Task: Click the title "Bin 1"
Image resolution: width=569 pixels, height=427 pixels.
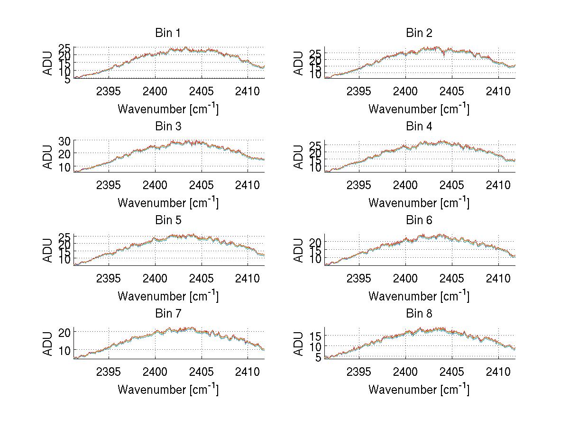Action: point(168,33)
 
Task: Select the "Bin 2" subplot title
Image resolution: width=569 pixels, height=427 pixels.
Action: point(419,33)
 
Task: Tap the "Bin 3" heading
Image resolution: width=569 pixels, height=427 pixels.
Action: point(168,127)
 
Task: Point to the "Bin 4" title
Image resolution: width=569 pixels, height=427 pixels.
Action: point(419,127)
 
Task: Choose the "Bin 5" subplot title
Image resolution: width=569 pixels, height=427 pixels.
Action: point(168,220)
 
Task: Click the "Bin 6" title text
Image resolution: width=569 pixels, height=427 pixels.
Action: point(419,220)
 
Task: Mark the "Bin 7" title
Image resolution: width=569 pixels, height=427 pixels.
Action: point(168,314)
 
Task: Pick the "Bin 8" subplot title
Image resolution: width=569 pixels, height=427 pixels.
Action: point(419,314)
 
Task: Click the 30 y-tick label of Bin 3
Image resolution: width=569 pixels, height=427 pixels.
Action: point(64,141)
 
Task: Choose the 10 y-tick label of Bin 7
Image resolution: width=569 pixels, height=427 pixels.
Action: point(64,350)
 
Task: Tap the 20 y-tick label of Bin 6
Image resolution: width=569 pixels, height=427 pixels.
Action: point(315,242)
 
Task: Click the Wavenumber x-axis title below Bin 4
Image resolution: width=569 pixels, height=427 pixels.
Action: point(419,202)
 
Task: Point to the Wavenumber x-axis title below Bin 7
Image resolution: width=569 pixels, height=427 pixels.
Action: point(168,389)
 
